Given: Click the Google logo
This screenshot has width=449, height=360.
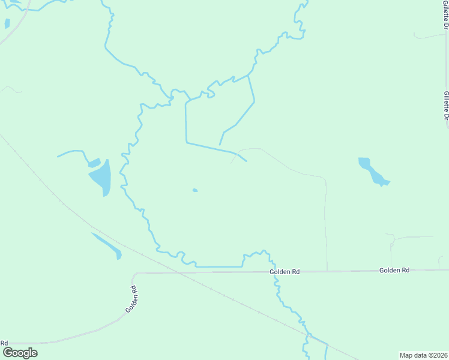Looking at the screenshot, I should [19, 352].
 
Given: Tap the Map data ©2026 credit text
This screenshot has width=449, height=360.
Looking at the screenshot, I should [423, 355].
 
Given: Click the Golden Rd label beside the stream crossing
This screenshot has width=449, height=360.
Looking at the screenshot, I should [285, 272].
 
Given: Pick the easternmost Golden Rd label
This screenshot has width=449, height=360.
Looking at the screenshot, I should [394, 271].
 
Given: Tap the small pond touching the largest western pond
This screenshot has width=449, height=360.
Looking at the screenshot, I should [94, 163].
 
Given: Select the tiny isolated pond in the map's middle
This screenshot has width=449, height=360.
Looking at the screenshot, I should [194, 191].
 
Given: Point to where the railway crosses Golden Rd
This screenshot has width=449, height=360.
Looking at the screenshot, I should [178, 272].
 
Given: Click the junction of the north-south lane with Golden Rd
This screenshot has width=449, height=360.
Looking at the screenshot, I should [327, 271].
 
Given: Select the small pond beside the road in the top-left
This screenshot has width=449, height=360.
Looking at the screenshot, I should [7, 24].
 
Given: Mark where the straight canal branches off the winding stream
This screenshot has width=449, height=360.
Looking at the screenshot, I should [191, 99].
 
